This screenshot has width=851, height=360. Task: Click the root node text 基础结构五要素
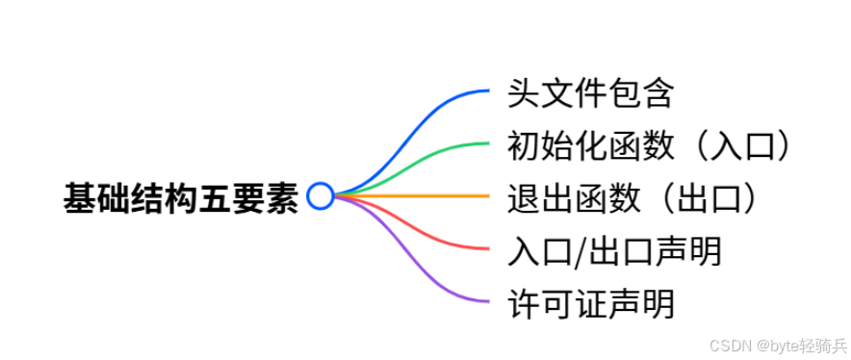coord(181,198)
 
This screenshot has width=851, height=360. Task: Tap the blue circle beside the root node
coord(321,196)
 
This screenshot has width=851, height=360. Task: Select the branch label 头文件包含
coord(590,93)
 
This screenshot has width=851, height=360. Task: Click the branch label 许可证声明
coord(590,303)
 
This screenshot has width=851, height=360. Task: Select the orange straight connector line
coord(412,195)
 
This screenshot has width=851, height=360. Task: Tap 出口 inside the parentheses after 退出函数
coord(709,198)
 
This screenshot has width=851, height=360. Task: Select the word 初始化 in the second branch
coord(556,146)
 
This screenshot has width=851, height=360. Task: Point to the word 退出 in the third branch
coord(541,198)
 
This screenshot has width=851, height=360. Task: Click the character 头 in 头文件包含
coord(524,93)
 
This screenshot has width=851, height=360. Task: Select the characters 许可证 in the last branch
coord(556,303)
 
